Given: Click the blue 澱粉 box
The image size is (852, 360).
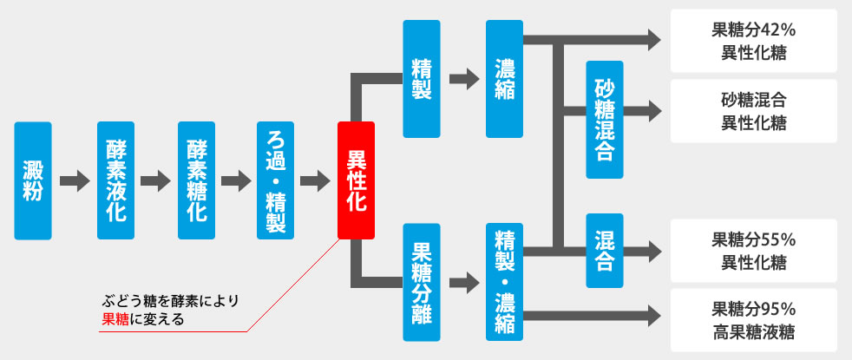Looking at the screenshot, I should coord(33,180).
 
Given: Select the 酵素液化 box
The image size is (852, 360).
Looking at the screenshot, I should coord(115,180).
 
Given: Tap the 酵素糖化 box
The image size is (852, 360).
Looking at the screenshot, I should coord(196,180).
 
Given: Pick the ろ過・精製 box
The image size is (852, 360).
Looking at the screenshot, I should coord(276,180).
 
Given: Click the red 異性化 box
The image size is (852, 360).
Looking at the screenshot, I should coord(356,180).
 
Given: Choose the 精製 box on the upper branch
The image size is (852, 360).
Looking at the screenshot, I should coord(422,79).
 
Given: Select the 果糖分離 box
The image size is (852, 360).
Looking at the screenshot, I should coord(422,282).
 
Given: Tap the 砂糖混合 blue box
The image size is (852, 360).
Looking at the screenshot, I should coord(605,120).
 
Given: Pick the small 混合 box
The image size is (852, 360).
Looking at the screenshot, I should coord(605,251).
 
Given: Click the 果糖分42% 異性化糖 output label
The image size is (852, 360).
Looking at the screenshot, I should coord(754,41).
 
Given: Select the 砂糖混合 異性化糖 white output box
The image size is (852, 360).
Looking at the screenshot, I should coord(754,111).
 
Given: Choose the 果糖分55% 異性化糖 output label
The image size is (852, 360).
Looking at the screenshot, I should coord(754,251).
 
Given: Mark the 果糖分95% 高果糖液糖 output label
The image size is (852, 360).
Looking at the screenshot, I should coord(754,320).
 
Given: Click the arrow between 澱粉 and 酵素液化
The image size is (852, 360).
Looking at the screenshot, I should coord(74,181).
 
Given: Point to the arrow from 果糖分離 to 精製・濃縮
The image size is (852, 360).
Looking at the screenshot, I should coord(464,282).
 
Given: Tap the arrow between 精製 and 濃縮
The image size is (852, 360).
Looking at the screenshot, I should coord(464,79).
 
